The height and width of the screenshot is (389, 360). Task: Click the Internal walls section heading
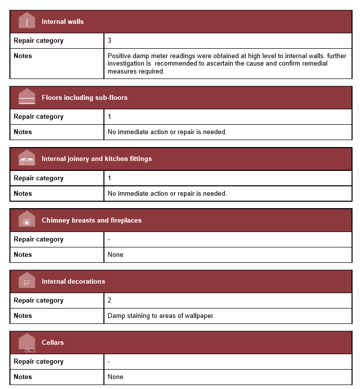click(63, 22)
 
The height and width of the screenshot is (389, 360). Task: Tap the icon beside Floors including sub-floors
click(27, 97)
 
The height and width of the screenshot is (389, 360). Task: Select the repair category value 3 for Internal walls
click(110, 41)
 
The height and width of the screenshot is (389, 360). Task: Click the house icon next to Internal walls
click(27, 21)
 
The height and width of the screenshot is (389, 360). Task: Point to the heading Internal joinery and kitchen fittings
click(96, 159)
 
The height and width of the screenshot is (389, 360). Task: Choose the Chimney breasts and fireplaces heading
click(91, 220)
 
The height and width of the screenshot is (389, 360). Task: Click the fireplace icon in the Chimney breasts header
click(27, 220)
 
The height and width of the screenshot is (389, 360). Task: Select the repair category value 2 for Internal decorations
click(110, 301)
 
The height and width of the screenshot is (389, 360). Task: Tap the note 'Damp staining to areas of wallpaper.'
click(161, 316)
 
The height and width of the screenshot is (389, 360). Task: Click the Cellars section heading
click(53, 343)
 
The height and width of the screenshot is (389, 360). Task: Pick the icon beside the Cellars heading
click(27, 342)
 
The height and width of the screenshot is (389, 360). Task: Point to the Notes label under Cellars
click(23, 377)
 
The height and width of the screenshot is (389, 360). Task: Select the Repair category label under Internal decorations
click(39, 301)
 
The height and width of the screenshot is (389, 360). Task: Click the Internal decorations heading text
click(73, 282)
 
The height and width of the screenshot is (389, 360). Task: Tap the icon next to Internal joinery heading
click(27, 158)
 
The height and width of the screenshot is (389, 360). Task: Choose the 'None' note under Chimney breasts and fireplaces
click(115, 255)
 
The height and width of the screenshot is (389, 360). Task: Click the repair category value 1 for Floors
click(110, 117)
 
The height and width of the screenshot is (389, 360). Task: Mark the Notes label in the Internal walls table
click(23, 56)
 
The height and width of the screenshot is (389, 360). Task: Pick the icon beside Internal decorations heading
click(27, 281)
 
